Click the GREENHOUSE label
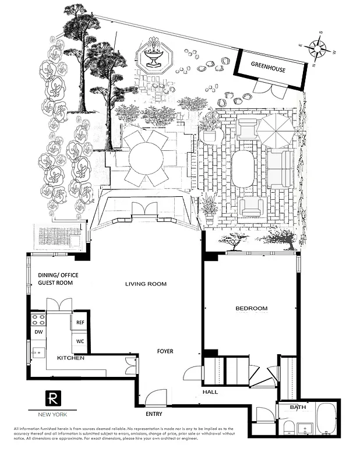(268, 68)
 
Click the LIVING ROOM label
(146, 284)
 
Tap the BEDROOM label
(251, 308)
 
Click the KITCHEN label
(70, 358)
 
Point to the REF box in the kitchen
(79, 322)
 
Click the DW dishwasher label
(38, 332)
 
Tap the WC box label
(80, 342)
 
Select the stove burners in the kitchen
(38, 319)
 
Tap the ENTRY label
(154, 414)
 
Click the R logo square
(53, 398)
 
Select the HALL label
(210, 392)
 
